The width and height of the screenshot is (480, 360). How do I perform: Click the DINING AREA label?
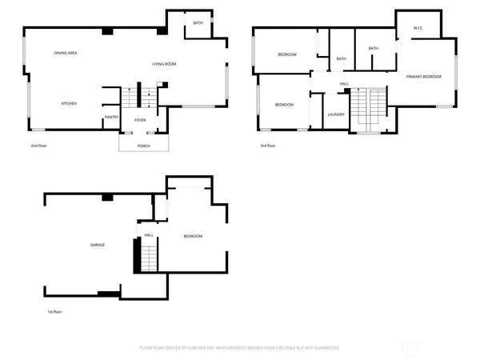click(66, 53)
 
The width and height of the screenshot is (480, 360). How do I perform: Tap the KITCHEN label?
click(70, 103)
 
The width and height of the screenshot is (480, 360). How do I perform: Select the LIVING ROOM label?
click(165, 64)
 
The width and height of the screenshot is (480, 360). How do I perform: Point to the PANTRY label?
click(111, 118)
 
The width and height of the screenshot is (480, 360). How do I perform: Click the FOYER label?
click(140, 120)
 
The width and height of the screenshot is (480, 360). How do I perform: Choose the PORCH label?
click(144, 146)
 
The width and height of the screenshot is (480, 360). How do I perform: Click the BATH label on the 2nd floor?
click(198, 23)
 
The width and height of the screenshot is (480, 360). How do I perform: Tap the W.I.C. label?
click(418, 28)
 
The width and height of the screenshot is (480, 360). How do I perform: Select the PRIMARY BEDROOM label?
click(423, 76)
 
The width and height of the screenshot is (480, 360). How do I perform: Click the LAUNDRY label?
click(336, 114)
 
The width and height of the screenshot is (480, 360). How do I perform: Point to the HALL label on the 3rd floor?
click(344, 84)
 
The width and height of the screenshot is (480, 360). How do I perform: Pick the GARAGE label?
click(98, 245)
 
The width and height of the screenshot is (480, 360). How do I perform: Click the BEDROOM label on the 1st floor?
click(193, 236)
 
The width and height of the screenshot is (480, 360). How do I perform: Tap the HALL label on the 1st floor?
click(149, 235)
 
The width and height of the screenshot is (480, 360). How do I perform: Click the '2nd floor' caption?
click(40, 146)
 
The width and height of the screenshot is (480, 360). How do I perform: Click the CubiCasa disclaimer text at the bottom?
click(240, 348)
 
